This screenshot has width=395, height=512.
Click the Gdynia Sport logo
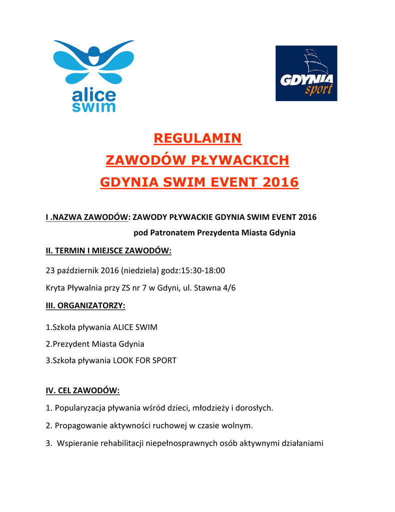(x=306, y=73)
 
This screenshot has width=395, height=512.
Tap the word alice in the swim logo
(x=94, y=94)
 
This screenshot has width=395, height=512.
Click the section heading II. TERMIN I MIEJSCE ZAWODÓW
(x=108, y=250)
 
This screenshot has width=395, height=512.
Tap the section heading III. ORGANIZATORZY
(x=85, y=305)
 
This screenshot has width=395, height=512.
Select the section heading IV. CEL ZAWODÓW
(x=82, y=390)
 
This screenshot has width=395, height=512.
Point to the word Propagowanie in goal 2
(x=80, y=425)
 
